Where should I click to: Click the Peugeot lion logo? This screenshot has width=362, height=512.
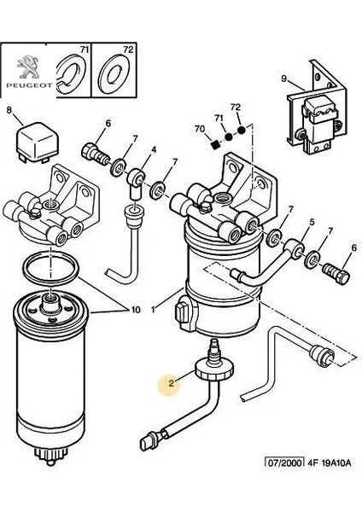[28, 67]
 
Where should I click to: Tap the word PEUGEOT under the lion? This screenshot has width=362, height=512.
[29, 85]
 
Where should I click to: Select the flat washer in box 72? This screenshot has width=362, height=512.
[114, 75]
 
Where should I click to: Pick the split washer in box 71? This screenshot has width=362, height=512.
[71, 75]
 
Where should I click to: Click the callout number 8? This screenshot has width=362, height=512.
[9, 110]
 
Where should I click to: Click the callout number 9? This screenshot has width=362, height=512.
[284, 79]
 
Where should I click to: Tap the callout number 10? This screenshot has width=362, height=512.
[136, 309]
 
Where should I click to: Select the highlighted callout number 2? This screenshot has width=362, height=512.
[172, 384]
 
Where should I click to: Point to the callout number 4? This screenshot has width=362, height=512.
[153, 149]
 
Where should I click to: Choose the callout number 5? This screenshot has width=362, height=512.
[312, 223]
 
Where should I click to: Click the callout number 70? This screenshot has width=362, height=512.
[200, 130]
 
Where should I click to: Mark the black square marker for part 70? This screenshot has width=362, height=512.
[214, 145]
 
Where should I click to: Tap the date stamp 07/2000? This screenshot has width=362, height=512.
[284, 463]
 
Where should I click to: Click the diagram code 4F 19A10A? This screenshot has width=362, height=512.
[330, 463]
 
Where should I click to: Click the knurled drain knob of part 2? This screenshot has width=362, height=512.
[214, 369]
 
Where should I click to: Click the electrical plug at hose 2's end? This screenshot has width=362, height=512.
[149, 442]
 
